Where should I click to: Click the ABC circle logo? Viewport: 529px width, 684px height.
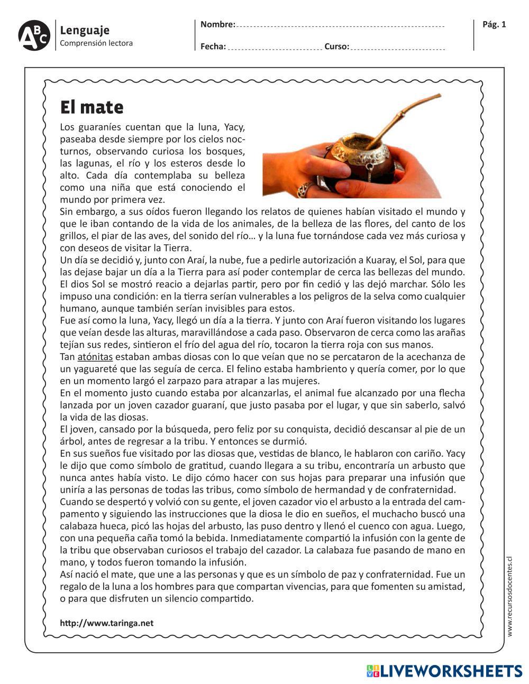34,35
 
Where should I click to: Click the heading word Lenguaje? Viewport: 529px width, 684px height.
85,30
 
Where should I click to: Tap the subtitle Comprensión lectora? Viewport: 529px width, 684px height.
96,43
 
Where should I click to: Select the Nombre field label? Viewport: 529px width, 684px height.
217,24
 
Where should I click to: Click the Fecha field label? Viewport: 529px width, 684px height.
213,47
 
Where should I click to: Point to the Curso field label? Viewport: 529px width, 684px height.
336,47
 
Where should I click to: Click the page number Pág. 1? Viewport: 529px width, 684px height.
494,24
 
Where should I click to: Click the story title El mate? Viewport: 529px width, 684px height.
92,107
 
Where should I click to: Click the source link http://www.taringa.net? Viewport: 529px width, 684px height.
107,623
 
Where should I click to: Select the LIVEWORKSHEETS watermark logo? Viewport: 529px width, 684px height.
444,671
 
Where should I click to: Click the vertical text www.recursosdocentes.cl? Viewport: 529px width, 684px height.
509,596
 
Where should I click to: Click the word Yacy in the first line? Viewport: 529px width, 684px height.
234,127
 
